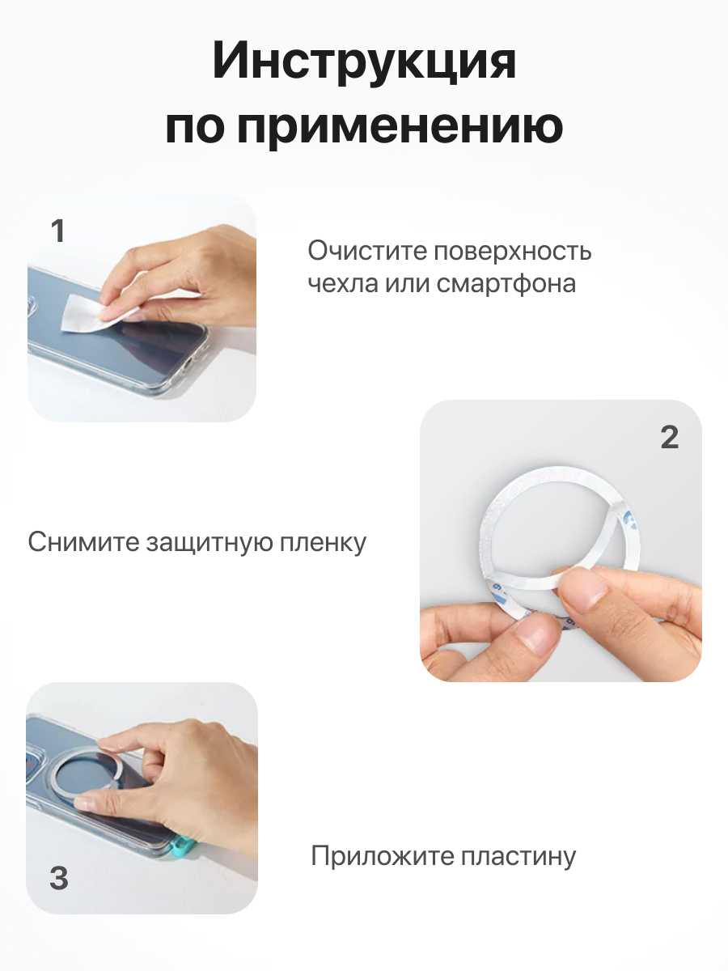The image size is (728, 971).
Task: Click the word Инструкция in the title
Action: click(364, 61)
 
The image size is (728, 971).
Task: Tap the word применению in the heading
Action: click(400, 126)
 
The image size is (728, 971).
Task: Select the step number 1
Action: click(58, 231)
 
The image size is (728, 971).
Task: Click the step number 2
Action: click(669, 438)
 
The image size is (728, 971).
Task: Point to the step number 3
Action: click(59, 878)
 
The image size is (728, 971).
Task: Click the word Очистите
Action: click(367, 251)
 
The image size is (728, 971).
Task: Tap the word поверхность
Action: click(512, 252)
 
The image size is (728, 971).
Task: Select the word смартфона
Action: click(506, 284)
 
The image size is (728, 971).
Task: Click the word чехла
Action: click(343, 284)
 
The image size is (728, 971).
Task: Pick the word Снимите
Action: click(83, 542)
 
